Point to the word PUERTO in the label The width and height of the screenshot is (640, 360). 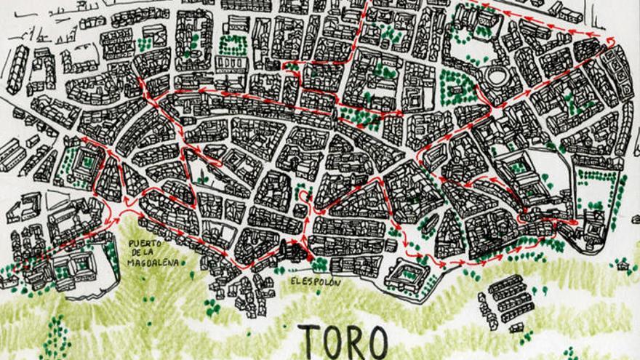pos(144,244)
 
